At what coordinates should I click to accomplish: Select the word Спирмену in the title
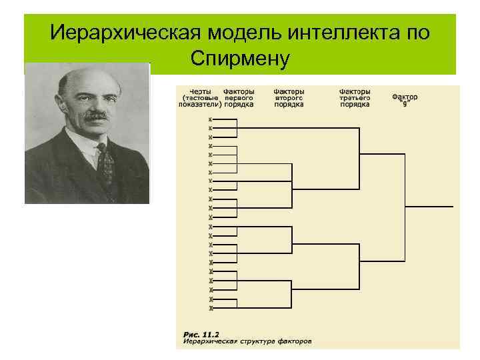click(x=239, y=59)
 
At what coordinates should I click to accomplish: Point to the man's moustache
click(x=95, y=115)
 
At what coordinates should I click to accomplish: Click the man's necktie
click(x=106, y=164)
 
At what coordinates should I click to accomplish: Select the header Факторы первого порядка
click(x=238, y=97)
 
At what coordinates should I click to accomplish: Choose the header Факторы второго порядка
click(x=289, y=97)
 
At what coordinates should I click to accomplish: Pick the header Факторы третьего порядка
click(x=355, y=97)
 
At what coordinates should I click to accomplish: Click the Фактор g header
click(x=405, y=99)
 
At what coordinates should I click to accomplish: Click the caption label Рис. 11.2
click(x=201, y=333)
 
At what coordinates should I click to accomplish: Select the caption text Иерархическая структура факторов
click(x=247, y=341)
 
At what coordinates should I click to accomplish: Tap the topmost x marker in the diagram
click(x=211, y=119)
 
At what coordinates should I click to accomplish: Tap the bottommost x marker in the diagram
click(x=211, y=308)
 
